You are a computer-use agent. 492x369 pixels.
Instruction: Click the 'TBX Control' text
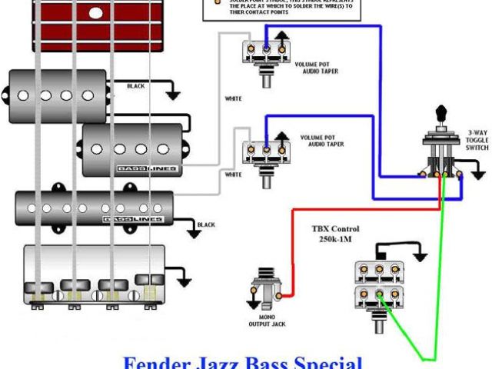335,229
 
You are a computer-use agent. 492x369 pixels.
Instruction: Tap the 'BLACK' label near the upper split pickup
135,86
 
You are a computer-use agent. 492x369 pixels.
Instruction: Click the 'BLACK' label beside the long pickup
206,224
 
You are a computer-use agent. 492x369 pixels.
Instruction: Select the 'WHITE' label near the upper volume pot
233,98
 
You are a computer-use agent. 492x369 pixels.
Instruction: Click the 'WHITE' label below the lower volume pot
233,175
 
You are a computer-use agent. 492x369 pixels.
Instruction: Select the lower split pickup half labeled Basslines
132,149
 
